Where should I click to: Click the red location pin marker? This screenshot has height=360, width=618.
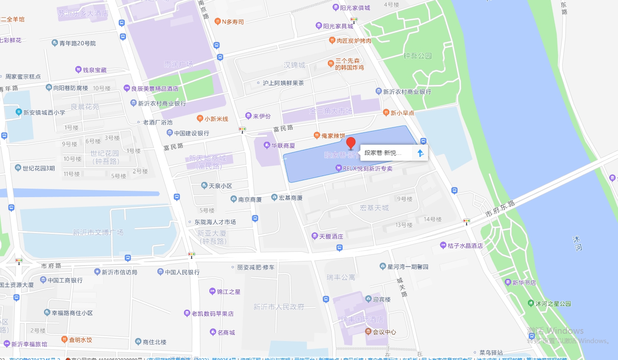coord(351,143)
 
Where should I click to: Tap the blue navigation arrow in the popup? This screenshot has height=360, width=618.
coord(420,153)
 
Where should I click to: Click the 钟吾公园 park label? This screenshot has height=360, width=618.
coord(417,56)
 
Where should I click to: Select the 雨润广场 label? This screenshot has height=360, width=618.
coord(179,64)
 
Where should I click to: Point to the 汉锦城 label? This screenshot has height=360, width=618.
coord(294,65)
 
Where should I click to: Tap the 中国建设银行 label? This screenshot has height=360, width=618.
coord(192,133)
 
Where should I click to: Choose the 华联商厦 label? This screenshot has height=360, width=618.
coord(283,146)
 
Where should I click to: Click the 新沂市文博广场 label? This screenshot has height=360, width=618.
coord(98,232)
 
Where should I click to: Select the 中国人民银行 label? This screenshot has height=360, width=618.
coord(182,272)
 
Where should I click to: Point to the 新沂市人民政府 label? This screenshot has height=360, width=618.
coord(279,307)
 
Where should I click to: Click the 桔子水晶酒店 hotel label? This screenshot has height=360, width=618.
coord(465,246)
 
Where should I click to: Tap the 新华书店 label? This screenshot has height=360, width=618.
coord(524,283)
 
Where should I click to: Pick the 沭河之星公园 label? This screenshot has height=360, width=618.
coord(553,304)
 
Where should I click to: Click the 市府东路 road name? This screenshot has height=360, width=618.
coord(500,209)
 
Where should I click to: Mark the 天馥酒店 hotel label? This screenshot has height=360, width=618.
coord(331,236)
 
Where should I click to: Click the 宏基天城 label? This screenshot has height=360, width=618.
coord(374,208)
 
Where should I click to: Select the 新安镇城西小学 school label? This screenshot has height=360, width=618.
coord(44,113)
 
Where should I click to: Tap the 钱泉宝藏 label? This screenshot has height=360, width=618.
coord(94,70)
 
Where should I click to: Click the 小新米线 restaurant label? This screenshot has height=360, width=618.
coord(216,119)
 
